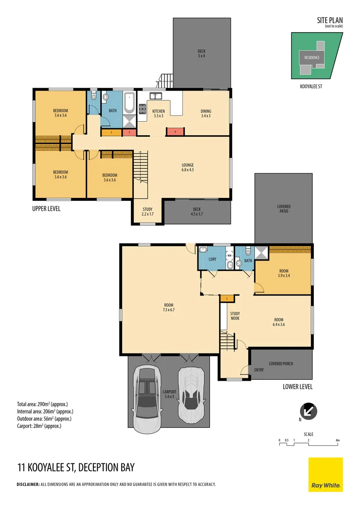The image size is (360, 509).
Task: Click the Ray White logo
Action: click(x=326, y=475)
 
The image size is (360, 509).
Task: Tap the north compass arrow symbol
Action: click(x=308, y=410)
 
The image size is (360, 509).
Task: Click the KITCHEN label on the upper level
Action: click(x=158, y=113)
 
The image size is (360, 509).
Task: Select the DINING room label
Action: click(x=206, y=113)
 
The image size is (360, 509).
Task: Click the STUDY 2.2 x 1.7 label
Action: click(x=147, y=212)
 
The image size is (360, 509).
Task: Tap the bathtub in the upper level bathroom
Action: click(x=129, y=103)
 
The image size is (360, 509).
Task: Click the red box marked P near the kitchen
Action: click(x=175, y=132)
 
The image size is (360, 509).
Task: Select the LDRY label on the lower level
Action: click(x=212, y=259)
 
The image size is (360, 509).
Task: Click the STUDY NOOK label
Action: click(x=235, y=316)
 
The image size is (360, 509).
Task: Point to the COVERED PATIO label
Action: click(x=284, y=209)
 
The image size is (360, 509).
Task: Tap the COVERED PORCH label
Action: click(x=281, y=363)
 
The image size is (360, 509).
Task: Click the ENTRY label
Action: click(x=259, y=370)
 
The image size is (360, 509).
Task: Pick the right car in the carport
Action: click(x=191, y=395)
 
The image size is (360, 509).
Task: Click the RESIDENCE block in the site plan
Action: click(x=311, y=57)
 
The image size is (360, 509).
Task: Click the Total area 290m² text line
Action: click(x=42, y=404)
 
